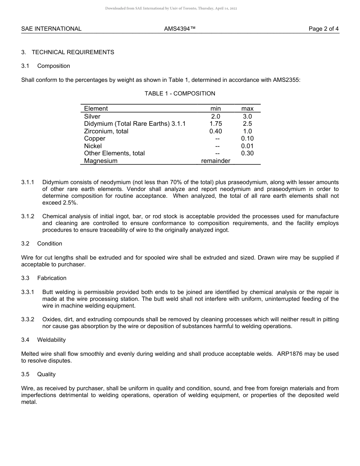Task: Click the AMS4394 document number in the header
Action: (x=180, y=29)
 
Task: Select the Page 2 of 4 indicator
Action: (x=324, y=29)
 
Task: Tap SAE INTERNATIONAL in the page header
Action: (x=51, y=29)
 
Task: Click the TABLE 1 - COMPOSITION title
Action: (x=180, y=94)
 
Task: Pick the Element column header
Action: (x=96, y=109)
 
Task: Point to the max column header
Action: (x=247, y=109)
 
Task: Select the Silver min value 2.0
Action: (x=215, y=116)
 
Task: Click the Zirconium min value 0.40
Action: (x=216, y=131)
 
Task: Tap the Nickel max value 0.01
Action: (x=247, y=146)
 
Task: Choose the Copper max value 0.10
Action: (x=247, y=139)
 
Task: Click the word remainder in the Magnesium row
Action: (x=216, y=161)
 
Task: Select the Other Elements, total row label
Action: (x=114, y=153)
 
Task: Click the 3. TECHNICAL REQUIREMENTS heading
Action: (x=68, y=52)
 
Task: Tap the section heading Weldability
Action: (x=52, y=340)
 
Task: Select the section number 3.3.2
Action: (x=28, y=319)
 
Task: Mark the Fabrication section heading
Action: (x=52, y=278)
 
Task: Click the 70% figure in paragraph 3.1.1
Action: (x=174, y=182)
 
